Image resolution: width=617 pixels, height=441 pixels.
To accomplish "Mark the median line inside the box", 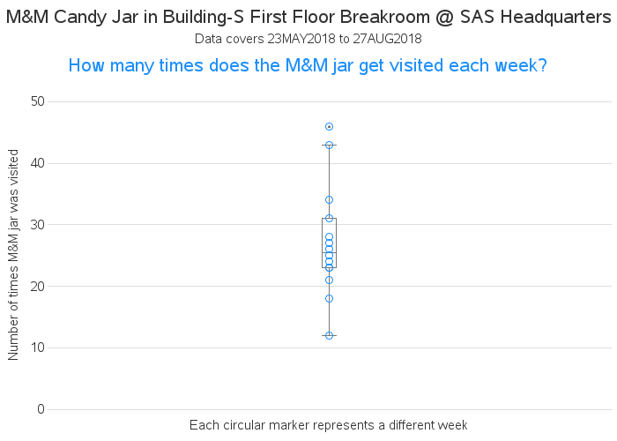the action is (330, 252).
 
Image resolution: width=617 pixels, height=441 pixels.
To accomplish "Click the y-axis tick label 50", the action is (38, 101).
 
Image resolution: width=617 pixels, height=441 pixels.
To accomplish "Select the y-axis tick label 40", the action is (38, 163).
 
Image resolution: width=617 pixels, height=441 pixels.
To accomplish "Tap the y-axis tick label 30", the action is (38, 225).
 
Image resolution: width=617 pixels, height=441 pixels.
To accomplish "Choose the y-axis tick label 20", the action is (38, 287).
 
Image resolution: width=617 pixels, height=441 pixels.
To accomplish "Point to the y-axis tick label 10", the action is (38, 348).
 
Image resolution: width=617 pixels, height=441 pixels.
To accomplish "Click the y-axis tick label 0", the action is (41, 409).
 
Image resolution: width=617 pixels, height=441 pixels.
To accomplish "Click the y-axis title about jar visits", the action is (13, 255).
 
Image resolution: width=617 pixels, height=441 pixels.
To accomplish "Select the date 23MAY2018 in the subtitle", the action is (301, 39).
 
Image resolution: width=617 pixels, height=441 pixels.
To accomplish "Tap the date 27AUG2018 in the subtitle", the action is (387, 39).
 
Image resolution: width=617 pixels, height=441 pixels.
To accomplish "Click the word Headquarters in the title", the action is (556, 18).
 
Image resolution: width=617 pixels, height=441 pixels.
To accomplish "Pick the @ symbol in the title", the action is (445, 18).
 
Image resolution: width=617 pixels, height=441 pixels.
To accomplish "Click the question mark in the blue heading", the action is (543, 65).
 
